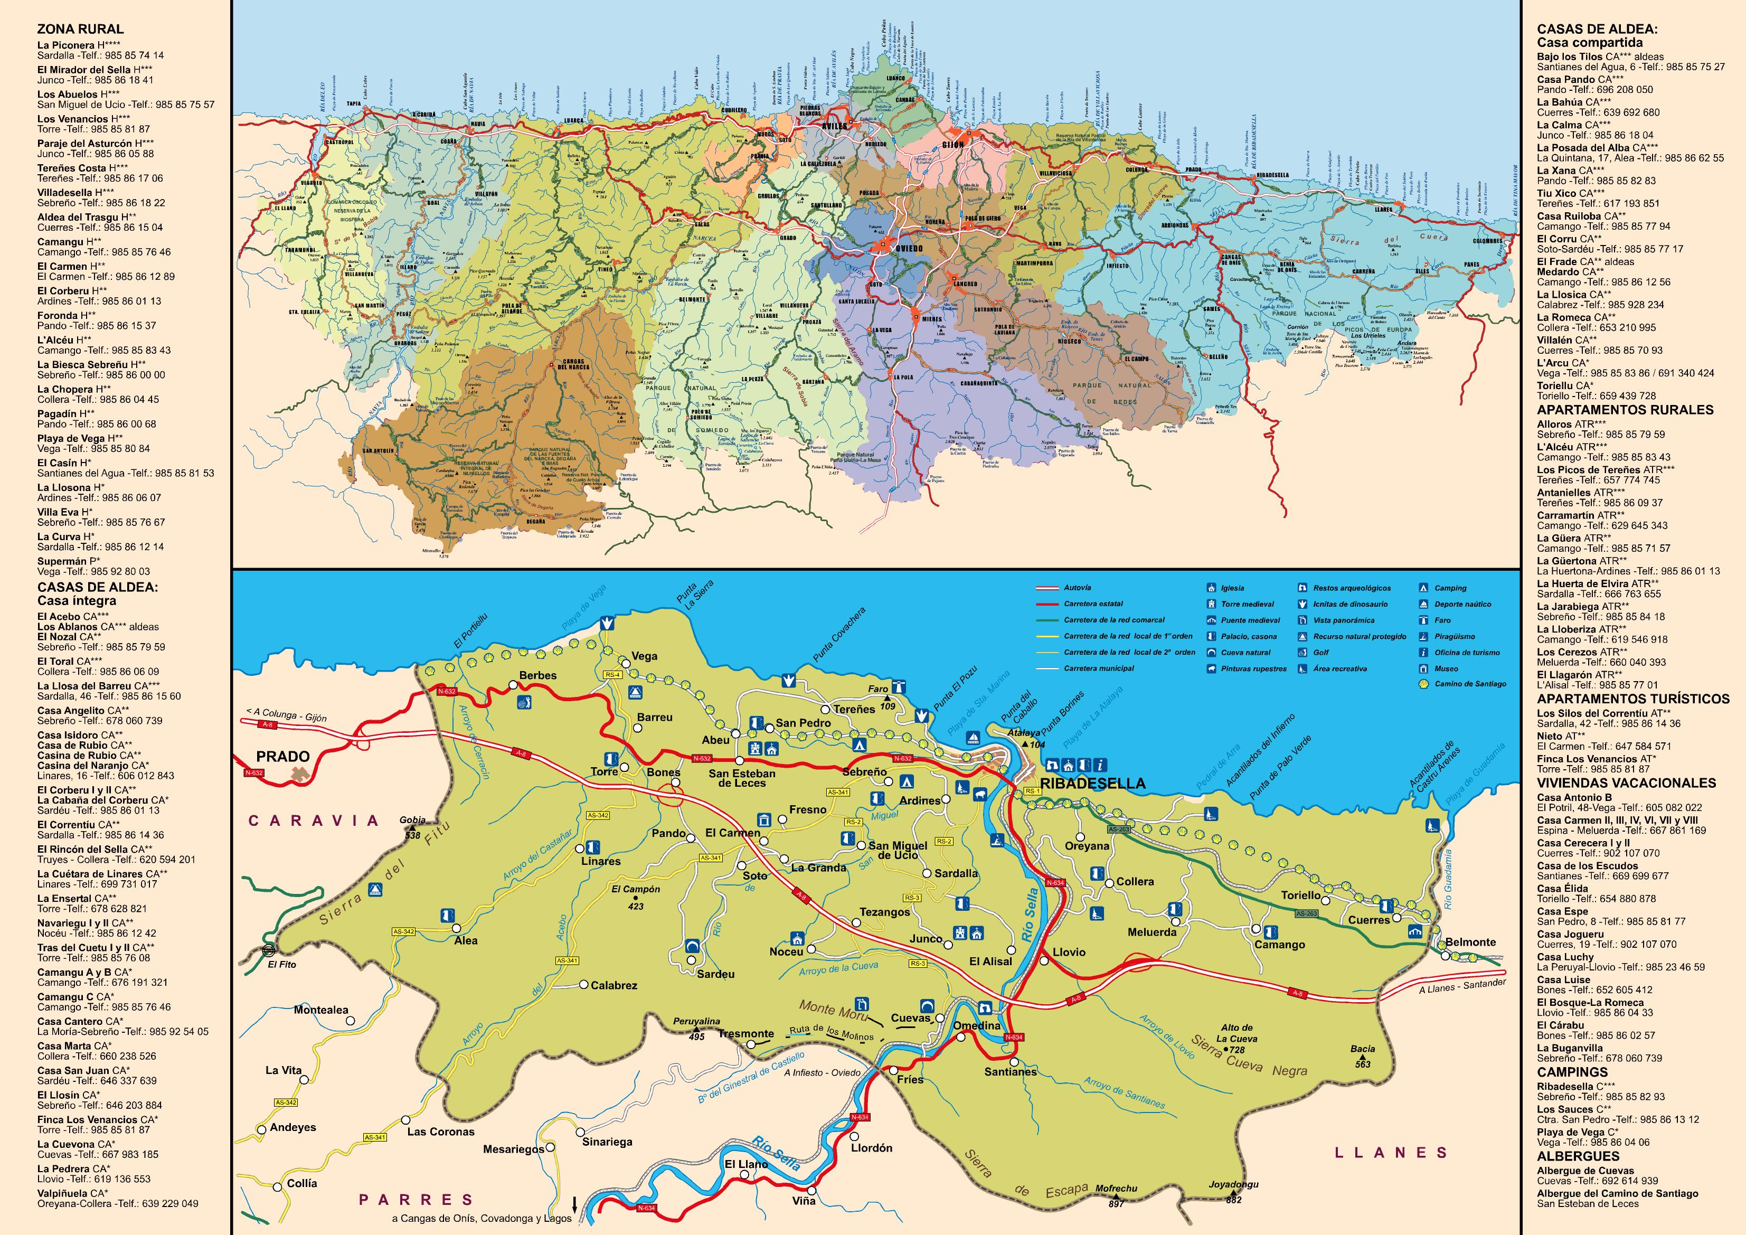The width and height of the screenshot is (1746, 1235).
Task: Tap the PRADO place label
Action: coord(283,757)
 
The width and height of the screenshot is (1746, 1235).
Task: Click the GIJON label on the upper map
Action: coord(953,144)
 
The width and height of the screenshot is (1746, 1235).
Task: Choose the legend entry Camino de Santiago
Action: coord(1470,684)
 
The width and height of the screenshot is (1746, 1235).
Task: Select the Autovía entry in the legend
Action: coord(1077,588)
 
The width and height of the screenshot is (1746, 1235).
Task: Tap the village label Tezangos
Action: coord(884,912)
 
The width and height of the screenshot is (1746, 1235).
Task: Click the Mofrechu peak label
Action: coord(1116,1188)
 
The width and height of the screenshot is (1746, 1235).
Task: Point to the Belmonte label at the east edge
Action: coord(1470,942)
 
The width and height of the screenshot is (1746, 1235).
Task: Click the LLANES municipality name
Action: coord(1391,1153)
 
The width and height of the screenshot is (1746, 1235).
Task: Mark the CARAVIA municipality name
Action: coord(313,821)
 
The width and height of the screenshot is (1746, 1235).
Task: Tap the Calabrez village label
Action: coord(614,986)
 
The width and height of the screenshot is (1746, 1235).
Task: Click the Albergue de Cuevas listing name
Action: coord(1585,1171)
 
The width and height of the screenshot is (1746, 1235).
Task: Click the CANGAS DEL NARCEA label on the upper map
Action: coord(574,364)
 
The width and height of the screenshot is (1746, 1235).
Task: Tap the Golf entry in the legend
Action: coord(1321,653)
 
